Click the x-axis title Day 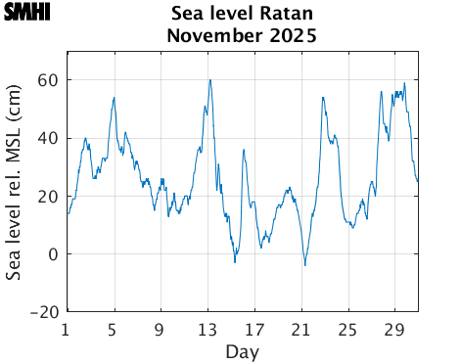(241, 351)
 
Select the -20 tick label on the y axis (43, 312)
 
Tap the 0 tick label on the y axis (53, 254)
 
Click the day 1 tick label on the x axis (66, 329)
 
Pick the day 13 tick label (208, 329)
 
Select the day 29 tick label (396, 329)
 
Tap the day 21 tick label (302, 329)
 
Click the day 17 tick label (255, 329)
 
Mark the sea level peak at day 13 (209, 80)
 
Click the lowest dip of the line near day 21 (304, 265)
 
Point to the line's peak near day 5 (115, 97)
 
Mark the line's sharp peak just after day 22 (323, 97)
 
